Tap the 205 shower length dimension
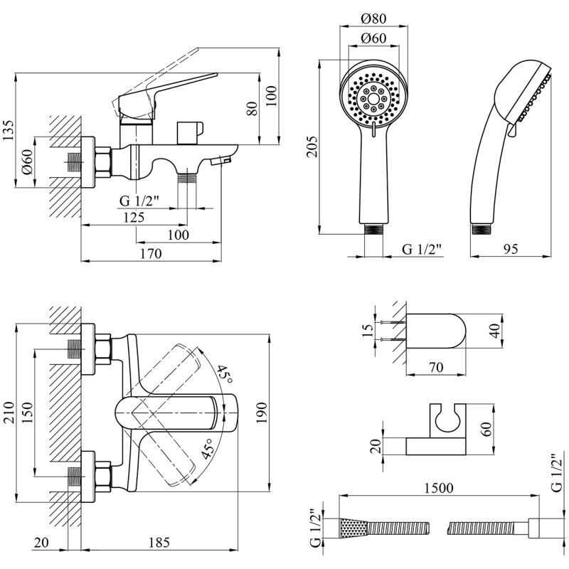(311, 146)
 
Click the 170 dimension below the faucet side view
(151, 253)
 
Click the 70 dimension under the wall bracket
(435, 368)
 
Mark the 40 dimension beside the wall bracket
(494, 331)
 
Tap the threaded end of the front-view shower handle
(374, 230)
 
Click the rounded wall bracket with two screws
(437, 331)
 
